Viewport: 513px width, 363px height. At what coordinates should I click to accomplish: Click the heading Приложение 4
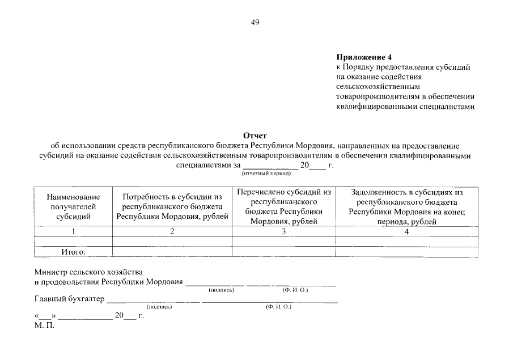[x=364, y=57]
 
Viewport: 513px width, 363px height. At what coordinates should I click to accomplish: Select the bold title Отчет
[x=255, y=136]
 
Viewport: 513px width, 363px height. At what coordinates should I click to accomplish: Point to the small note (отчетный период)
[x=255, y=174]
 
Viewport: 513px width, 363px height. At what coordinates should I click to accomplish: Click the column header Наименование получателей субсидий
[x=73, y=206]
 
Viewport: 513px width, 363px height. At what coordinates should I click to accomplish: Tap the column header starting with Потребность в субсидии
[x=172, y=206]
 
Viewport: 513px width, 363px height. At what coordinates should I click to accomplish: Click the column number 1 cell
[x=73, y=231]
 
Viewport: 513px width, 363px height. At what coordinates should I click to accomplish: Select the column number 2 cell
[x=172, y=231]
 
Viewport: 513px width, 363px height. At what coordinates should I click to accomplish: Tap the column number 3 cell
[x=284, y=231]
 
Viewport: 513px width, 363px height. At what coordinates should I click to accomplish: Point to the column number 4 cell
[x=406, y=231]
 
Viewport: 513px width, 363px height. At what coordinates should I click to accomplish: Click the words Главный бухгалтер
[x=70, y=298]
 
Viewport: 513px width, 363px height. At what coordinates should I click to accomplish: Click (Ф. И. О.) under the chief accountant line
[x=278, y=307]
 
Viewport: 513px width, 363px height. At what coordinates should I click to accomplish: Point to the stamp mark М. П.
[x=44, y=326]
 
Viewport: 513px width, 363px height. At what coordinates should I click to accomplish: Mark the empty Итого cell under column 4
[x=406, y=252]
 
